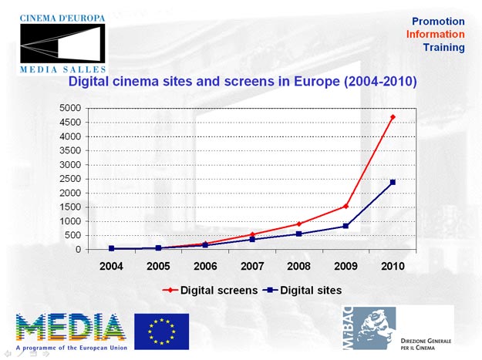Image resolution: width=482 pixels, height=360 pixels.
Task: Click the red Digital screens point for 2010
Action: coord(393,117)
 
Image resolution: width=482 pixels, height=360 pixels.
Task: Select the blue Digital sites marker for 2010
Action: coord(393,183)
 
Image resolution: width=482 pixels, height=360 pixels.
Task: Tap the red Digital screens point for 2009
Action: coord(345,206)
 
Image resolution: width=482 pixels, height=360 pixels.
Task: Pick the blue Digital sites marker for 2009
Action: coord(345,226)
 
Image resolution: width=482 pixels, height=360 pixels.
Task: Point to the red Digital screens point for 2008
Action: coord(299,224)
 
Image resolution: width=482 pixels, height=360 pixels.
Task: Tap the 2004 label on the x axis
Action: coord(112,265)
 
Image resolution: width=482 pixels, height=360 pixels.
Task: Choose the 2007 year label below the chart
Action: coord(252,265)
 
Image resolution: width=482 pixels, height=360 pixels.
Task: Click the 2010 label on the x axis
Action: coord(393,265)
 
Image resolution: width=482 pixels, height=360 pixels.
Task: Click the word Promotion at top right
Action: coord(438,22)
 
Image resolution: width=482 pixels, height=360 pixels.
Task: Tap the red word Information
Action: coord(436,35)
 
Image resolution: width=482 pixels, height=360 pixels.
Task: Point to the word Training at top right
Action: coord(443,48)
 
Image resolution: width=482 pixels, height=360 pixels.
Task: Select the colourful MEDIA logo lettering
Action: coord(70,327)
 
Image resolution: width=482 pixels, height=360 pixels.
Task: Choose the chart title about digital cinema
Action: coord(243,81)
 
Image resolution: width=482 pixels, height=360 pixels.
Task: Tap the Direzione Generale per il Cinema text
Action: coord(426,345)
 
